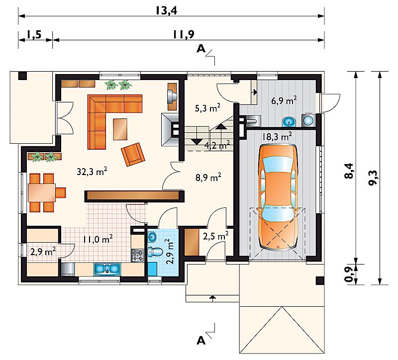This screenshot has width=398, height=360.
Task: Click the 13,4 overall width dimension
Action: pyautogui.click(x=166, y=11)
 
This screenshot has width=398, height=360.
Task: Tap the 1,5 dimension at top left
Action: pyautogui.click(x=34, y=34)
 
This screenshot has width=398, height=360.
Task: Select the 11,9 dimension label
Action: pyautogui.click(x=184, y=34)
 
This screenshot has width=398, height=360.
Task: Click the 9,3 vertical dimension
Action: pyautogui.click(x=373, y=178)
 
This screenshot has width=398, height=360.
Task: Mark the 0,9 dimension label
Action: pyautogui.click(x=349, y=275)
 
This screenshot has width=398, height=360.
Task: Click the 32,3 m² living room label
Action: pyautogui.click(x=92, y=172)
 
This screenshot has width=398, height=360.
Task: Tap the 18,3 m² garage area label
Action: pyautogui.click(x=277, y=136)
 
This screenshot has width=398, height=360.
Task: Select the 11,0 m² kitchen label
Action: pyautogui.click(x=98, y=239)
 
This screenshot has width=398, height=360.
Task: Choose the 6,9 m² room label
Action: pyautogui.click(x=284, y=100)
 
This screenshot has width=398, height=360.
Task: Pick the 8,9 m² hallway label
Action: pyautogui.click(x=208, y=178)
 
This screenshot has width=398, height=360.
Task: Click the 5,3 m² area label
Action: pyautogui.click(x=207, y=108)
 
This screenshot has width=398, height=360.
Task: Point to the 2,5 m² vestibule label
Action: pyautogui.click(x=216, y=236)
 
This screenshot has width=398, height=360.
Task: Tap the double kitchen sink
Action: pyautogui.click(x=107, y=269)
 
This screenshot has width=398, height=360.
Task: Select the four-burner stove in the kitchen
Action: pyautogui.click(x=137, y=256)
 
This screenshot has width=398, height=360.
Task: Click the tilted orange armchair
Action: pyautogui.click(x=133, y=154)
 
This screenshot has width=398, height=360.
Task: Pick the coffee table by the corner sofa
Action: pyautogui.click(x=120, y=129)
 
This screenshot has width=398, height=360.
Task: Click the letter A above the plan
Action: pyautogui.click(x=201, y=48)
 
